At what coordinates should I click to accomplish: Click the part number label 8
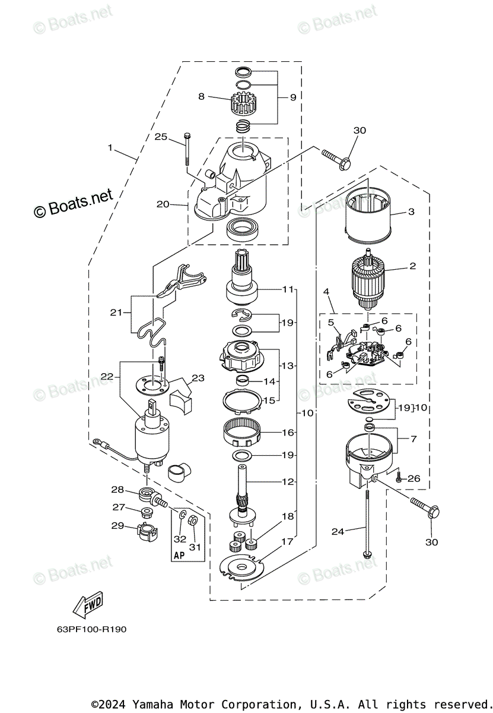click(x=201, y=96)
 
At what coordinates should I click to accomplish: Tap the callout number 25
click(x=160, y=137)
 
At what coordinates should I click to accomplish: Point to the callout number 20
click(x=163, y=204)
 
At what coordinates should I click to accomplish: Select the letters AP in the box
click(x=179, y=556)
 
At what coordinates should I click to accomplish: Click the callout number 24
click(x=338, y=532)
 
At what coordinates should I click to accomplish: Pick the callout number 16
click(x=288, y=433)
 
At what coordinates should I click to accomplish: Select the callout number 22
click(x=107, y=376)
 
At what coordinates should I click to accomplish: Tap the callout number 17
click(x=288, y=541)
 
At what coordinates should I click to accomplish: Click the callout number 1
click(x=110, y=147)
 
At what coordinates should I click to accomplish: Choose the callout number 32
click(x=180, y=538)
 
